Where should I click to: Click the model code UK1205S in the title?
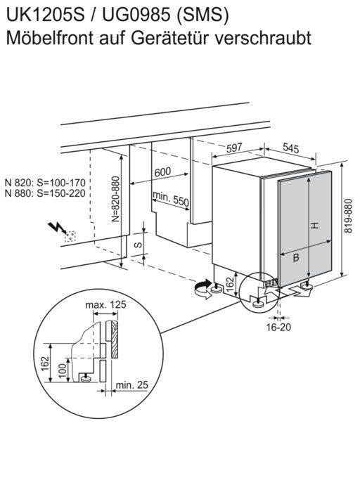[46, 15]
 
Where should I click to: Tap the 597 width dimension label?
[234, 148]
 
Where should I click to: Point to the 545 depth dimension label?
[291, 148]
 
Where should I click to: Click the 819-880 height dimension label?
[348, 216]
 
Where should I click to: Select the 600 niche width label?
[163, 172]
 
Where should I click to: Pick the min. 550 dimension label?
[171, 199]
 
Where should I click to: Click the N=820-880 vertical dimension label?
[116, 199]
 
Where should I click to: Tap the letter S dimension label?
[138, 245]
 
